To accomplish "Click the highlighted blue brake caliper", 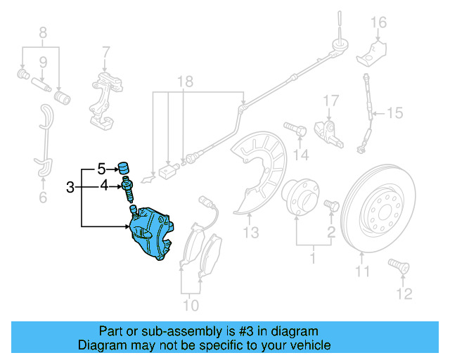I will click(x=153, y=231).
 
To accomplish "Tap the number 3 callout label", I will click(x=70, y=187).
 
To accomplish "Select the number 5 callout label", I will click(x=101, y=169).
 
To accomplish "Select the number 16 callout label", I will click(x=379, y=22).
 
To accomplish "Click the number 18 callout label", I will click(x=184, y=82).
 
